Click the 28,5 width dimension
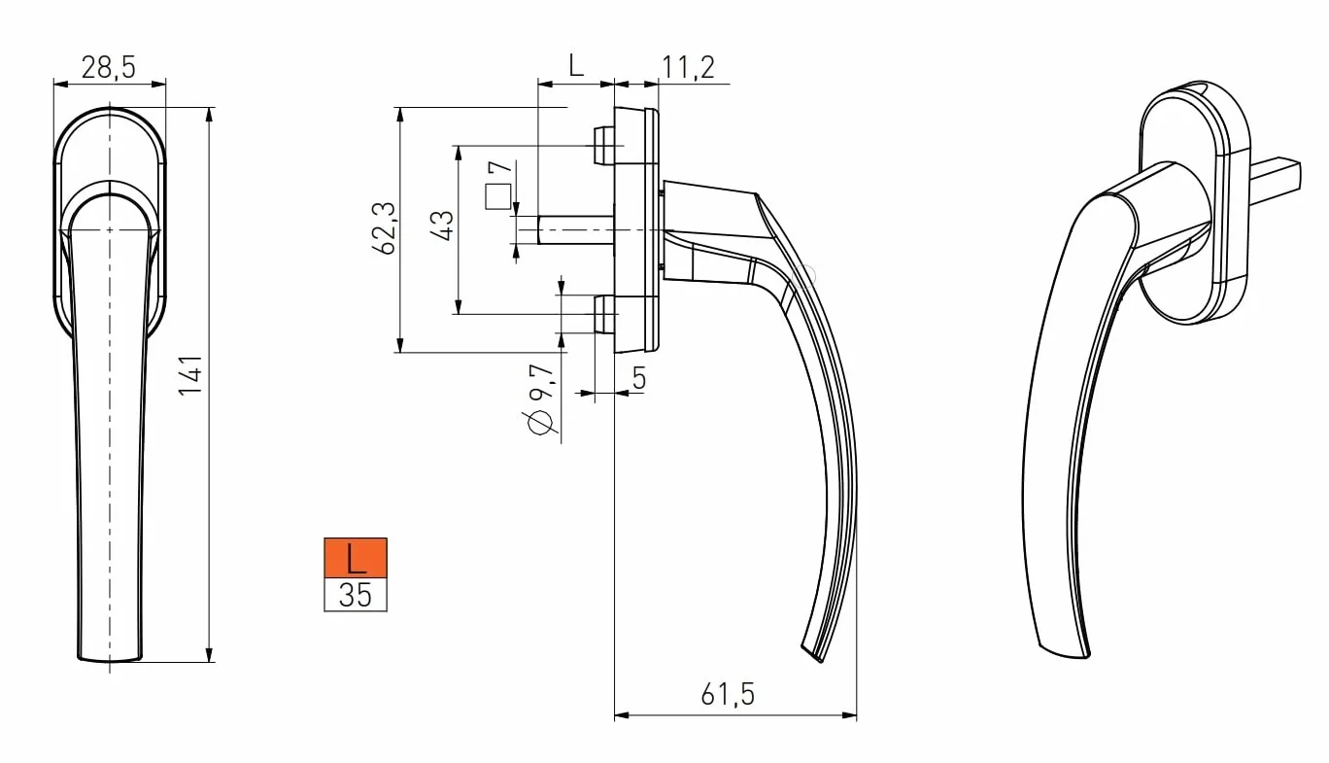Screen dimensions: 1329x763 pos(109,66)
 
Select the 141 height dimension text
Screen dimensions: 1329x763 pos(191,374)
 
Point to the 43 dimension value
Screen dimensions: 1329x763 pos(442,225)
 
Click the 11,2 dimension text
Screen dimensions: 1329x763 pos(688,67)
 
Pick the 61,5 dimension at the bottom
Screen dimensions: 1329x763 pos(728,694)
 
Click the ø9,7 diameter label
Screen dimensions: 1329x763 pos(540,399)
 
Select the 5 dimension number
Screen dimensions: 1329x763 pos(639,378)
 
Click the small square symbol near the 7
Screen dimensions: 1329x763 pos(497,197)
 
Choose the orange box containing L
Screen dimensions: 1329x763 pos(356,558)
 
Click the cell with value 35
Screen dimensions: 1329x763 pos(356,595)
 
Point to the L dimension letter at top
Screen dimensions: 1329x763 pos(575,65)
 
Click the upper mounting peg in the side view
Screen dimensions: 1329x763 pos(603,145)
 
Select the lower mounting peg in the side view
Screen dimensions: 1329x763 pos(603,314)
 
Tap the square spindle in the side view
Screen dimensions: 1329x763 pos(575,229)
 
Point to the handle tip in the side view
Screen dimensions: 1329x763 pos(813,652)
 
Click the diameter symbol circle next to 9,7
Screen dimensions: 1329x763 pos(540,422)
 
